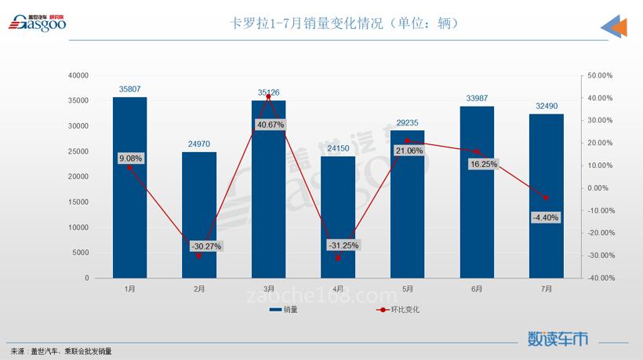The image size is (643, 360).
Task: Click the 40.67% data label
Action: tap(269, 125)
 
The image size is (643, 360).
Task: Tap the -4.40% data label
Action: tap(545, 217)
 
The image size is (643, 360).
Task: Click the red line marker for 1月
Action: tap(129, 167)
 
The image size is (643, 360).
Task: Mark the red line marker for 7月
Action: tap(547, 198)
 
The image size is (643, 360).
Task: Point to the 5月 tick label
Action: tap(408, 289)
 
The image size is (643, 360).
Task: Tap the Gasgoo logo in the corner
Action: tap(37, 23)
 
